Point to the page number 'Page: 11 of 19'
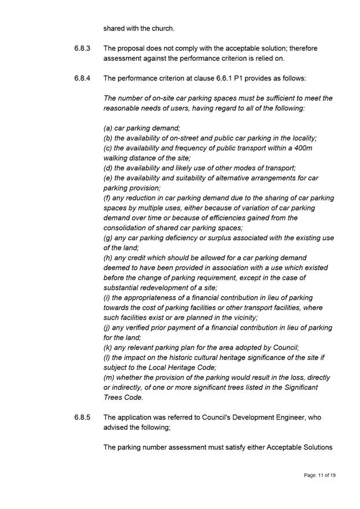click(319, 475)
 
